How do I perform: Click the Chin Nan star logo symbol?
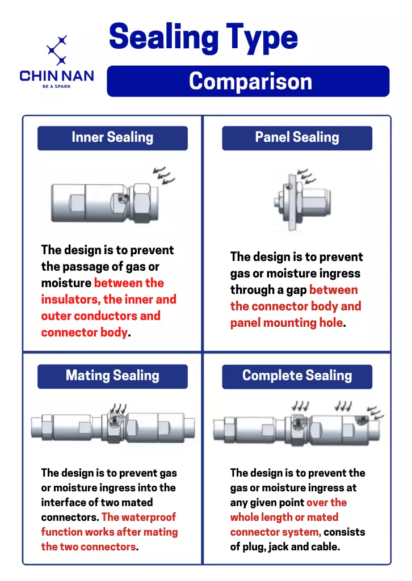pos(57,50)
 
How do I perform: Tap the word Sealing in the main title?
pos(164,37)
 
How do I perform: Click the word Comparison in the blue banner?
pos(250,81)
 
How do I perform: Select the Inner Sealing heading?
pos(112,137)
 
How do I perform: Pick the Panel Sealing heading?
pos(297,137)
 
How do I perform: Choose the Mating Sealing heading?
pos(112,376)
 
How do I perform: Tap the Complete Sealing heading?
pos(297,376)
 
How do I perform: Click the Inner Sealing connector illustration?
pos(105,203)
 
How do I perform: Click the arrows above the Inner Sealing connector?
pos(164,175)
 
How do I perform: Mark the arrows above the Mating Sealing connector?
pos(119,409)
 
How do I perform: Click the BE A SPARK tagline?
pos(56,86)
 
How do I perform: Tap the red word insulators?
pos(70,300)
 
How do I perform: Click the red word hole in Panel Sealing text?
pos(331,322)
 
